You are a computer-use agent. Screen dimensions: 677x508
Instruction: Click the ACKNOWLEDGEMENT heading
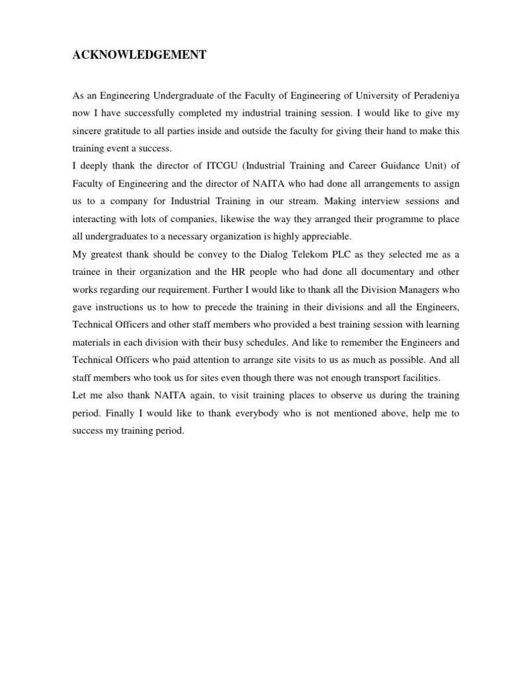140,56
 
